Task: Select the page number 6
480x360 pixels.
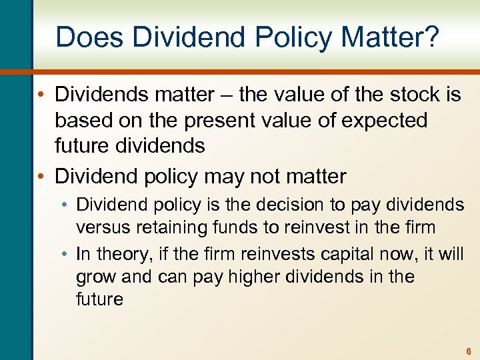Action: [x=469, y=351]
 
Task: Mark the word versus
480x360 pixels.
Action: [x=104, y=227]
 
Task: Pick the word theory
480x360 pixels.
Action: [x=123, y=254]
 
